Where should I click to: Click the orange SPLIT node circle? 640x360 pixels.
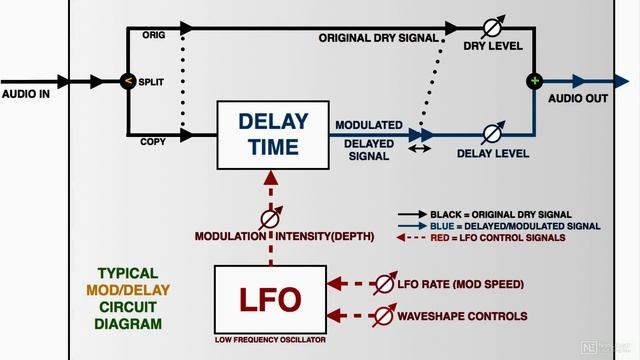[x=127, y=82]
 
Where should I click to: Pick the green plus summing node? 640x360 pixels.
[x=535, y=81]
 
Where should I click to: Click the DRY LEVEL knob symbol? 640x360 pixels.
[x=492, y=27]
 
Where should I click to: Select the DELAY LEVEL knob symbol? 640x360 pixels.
[x=492, y=134]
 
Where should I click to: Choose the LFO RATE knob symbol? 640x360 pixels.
[x=384, y=285]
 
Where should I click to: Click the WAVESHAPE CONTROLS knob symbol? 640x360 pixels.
[x=384, y=316]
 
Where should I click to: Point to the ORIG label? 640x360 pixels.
[x=153, y=35]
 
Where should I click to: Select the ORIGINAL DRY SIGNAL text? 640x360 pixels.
[x=379, y=38]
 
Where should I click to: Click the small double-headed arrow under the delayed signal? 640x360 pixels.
[x=418, y=148]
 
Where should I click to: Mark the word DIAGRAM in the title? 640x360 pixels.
[x=127, y=324]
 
